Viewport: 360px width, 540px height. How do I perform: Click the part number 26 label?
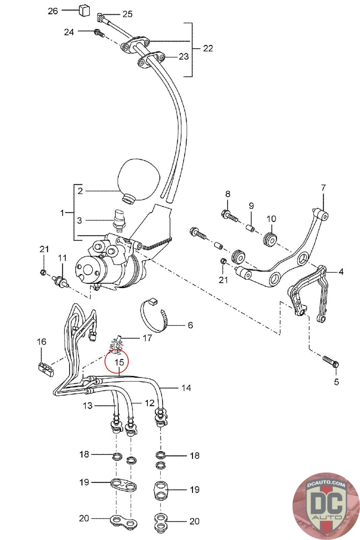pos(53,11)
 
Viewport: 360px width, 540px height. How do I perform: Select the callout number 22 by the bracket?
pos(208,48)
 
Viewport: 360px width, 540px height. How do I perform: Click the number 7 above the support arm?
pos(323,188)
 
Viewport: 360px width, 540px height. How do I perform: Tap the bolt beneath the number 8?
pos(229,215)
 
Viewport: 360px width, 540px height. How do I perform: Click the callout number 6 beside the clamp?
pos(190,325)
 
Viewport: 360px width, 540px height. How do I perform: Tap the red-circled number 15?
pos(119,362)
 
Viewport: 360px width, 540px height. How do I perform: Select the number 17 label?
pos(147,338)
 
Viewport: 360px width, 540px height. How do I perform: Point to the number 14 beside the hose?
pos(186,388)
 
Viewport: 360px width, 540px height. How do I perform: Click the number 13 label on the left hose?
pos(87,405)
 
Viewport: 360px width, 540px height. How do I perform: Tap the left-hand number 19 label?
pos(84,482)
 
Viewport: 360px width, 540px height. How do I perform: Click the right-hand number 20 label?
pos(194,521)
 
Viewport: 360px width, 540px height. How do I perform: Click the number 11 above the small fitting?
pos(62,258)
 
